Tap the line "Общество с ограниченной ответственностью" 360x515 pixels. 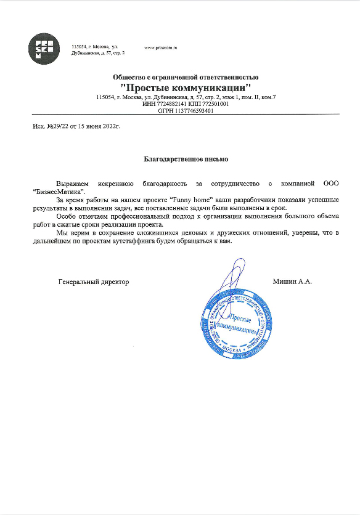(x=186, y=77)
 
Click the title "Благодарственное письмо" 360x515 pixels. (x=186, y=159)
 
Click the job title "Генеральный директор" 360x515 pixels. (x=94, y=282)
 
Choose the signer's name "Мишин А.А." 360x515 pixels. (x=292, y=282)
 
